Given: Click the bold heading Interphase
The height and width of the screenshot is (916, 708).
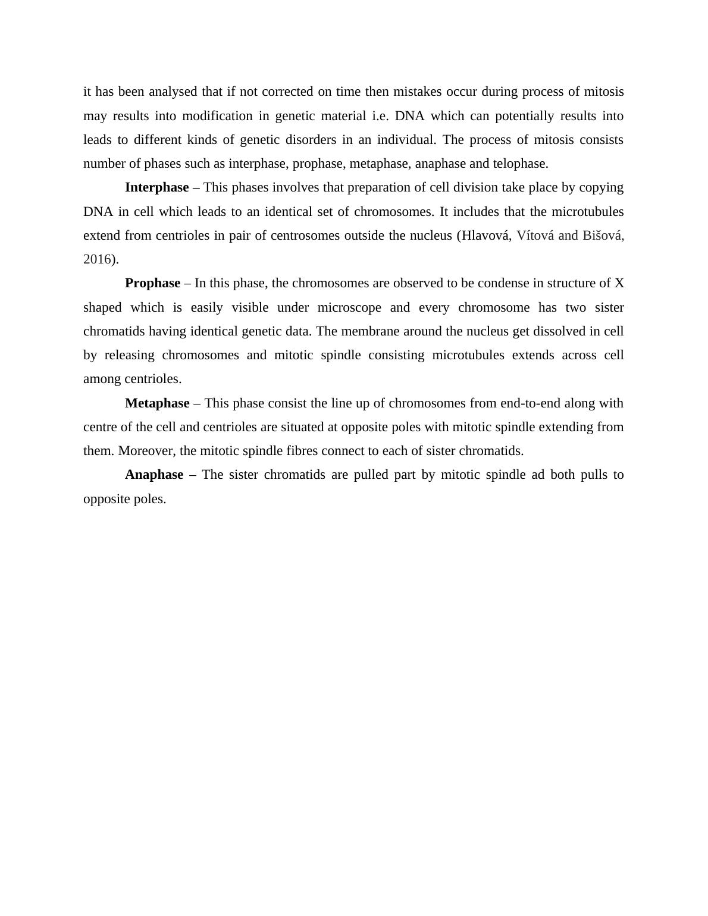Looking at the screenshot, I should pos(156,187).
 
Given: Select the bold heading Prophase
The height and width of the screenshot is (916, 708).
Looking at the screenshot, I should pos(152,283).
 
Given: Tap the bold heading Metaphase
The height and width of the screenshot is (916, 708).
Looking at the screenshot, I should pos(157,403).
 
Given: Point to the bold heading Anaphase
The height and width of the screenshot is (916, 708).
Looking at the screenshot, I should pos(154,475).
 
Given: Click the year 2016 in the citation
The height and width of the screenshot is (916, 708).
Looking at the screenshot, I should pos(97,259).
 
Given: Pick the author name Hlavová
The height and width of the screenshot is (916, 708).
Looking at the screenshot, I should pos(487,236).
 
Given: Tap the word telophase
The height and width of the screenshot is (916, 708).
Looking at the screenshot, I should pos(520,164).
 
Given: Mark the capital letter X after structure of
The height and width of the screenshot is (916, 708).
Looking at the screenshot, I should pos(619,283).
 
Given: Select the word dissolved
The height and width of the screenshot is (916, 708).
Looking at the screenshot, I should pos(566,331).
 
